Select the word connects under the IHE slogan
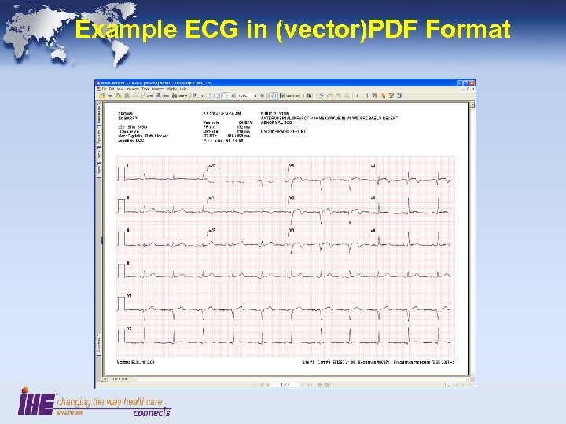tap(151, 411)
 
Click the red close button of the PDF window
tap(472, 82)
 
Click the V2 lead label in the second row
tap(291, 198)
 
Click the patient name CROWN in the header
tap(126, 114)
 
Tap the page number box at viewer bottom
tap(286, 385)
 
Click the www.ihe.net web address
tap(66, 413)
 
